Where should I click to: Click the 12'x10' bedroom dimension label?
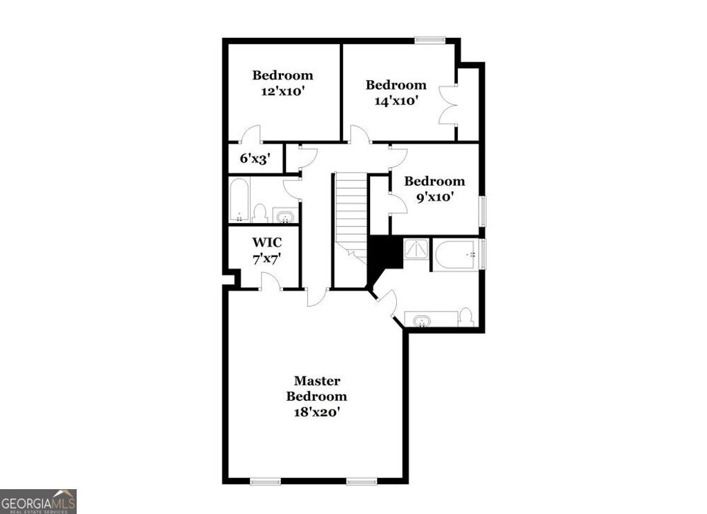pos(282,91)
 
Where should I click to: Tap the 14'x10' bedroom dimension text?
pos(396,101)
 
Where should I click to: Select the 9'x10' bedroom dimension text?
pos(434,197)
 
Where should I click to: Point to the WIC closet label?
pos(266,243)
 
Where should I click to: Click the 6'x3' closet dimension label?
pos(254,158)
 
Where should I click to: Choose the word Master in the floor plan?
pos(317,381)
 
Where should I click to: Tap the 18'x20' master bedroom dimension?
pos(317,412)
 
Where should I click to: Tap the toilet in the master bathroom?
pos(466,316)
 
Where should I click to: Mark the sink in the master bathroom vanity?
pos(421,321)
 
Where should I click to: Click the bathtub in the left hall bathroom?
pos(239,200)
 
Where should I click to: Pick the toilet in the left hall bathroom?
pos(260,213)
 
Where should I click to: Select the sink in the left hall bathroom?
pos(284,217)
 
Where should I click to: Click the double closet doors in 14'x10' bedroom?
pos(447,104)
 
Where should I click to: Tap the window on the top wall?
pos(429,40)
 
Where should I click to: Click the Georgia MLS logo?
pos(38,501)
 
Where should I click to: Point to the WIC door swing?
pos(269,281)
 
